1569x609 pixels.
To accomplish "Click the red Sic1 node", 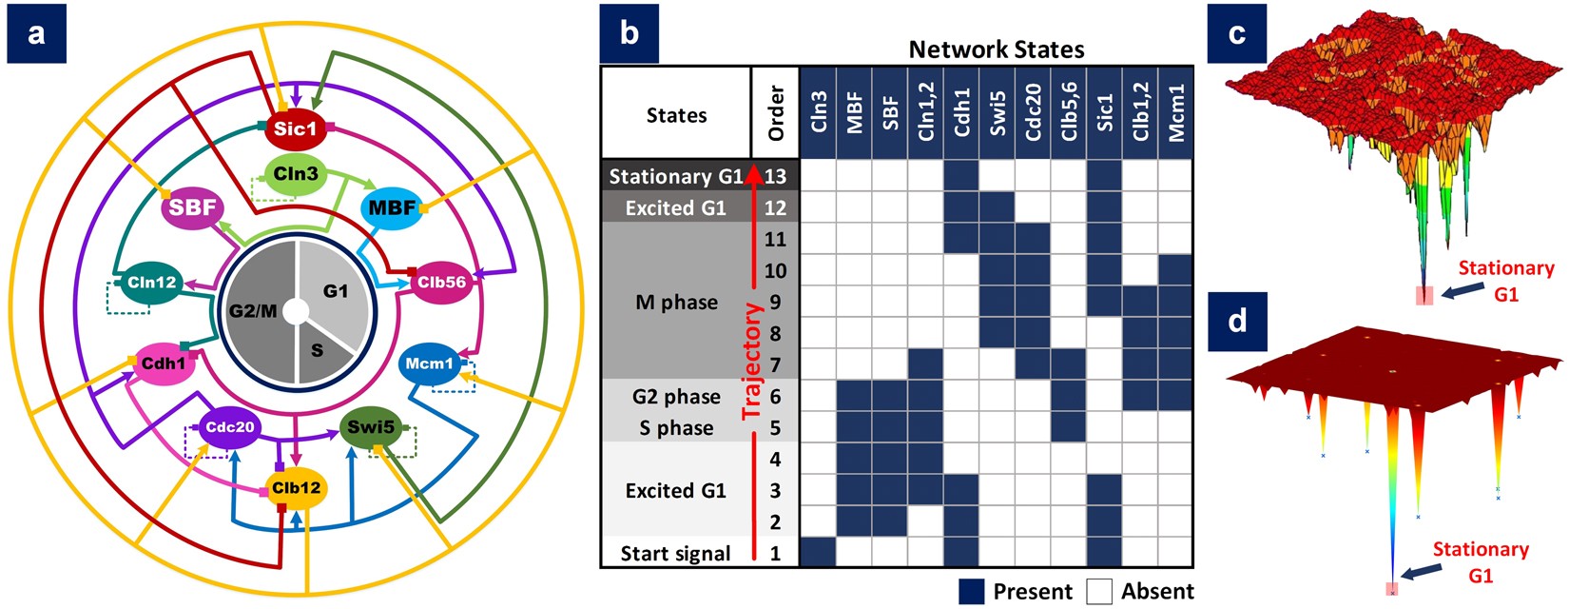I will coord(295,128).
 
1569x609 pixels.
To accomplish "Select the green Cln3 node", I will coord(296,175).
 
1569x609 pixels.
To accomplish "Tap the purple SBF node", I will coord(193,206).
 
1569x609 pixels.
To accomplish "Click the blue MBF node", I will coord(392,206).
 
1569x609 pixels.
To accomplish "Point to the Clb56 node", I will coord(441,283).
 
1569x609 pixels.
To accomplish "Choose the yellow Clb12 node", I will coord(296,488).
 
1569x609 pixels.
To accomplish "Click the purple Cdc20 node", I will coord(229,428).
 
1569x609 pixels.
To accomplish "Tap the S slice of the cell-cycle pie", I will coord(319,350).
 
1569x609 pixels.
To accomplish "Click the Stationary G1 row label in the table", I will coord(676,176).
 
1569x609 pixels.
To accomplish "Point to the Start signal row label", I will coord(676,553).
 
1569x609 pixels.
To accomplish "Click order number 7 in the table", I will coord(775,364).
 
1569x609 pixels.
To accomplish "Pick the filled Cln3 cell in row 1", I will coord(818,553).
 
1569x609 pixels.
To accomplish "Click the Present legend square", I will coord(971,591).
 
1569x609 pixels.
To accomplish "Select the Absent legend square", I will coord(1099,591).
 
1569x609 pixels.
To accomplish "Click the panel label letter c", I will coord(1236,33).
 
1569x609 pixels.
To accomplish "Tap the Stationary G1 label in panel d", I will coord(1480,562).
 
